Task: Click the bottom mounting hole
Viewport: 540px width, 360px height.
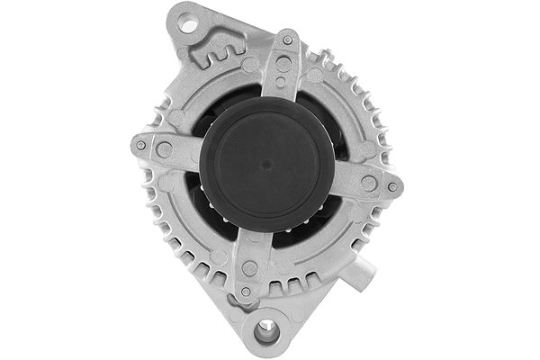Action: [265, 332]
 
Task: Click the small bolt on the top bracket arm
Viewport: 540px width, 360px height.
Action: [287, 40]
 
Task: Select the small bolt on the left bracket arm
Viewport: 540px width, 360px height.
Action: [141, 145]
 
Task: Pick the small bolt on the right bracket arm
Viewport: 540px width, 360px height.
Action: [392, 186]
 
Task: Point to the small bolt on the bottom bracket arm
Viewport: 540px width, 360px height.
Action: [246, 291]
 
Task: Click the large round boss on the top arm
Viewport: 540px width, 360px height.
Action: [283, 64]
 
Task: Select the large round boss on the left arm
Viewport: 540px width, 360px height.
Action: [165, 149]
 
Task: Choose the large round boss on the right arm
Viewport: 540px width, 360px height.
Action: [369, 183]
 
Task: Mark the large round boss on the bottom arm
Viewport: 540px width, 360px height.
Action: [250, 267]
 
